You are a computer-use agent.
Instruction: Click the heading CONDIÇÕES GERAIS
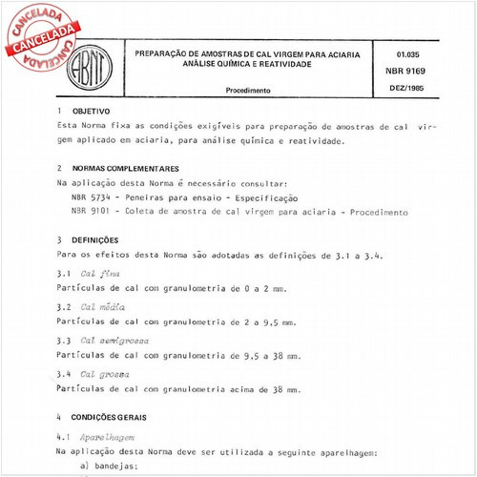114,417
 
